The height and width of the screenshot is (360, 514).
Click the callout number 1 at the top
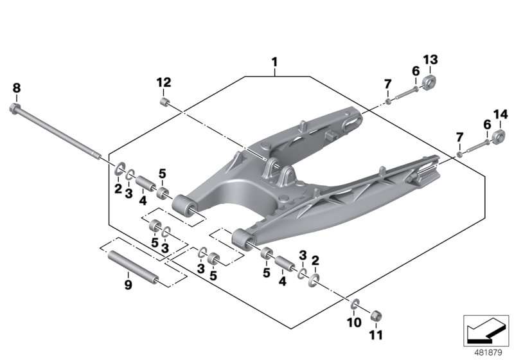(x=274, y=62)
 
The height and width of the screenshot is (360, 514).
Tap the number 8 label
(x=17, y=87)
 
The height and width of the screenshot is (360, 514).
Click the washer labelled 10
(x=355, y=303)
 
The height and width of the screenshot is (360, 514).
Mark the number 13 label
(x=430, y=60)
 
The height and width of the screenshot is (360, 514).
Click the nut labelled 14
(x=498, y=136)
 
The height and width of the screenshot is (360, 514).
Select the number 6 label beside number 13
(x=416, y=71)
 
